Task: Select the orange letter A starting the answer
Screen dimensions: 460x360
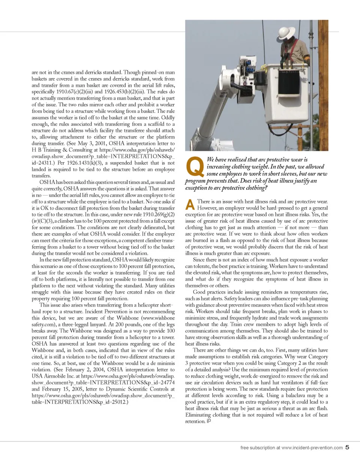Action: click(x=190, y=204)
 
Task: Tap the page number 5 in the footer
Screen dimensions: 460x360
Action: click(x=347, y=447)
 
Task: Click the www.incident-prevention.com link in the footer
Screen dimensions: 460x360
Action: click(x=312, y=448)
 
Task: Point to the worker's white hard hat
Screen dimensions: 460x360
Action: click(x=286, y=33)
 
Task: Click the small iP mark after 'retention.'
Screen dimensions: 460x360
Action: click(x=208, y=421)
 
